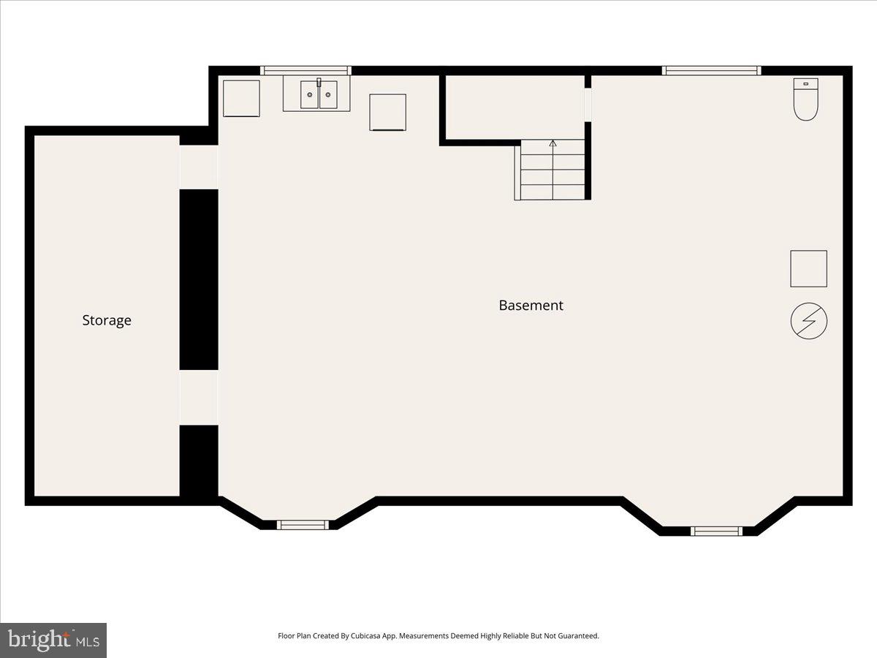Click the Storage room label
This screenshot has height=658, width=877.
[107, 320]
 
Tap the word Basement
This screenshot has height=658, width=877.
[531, 306]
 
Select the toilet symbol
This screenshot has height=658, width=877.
[805, 99]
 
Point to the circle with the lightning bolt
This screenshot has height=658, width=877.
[809, 321]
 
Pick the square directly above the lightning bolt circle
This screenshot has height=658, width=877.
[808, 268]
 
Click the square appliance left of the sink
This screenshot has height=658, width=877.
[241, 99]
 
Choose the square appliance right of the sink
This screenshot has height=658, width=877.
[387, 113]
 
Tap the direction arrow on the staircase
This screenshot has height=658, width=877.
[553, 144]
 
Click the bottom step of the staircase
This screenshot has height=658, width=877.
[553, 192]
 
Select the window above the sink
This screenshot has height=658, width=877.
[306, 71]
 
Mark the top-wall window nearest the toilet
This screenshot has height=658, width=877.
[711, 71]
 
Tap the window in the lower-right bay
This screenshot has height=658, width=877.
[716, 531]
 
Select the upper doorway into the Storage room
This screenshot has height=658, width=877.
[199, 167]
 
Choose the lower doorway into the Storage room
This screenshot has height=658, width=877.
[199, 397]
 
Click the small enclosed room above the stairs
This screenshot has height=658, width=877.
[514, 106]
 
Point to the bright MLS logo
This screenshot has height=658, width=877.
[53, 640]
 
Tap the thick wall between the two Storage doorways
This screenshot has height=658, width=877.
[199, 279]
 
